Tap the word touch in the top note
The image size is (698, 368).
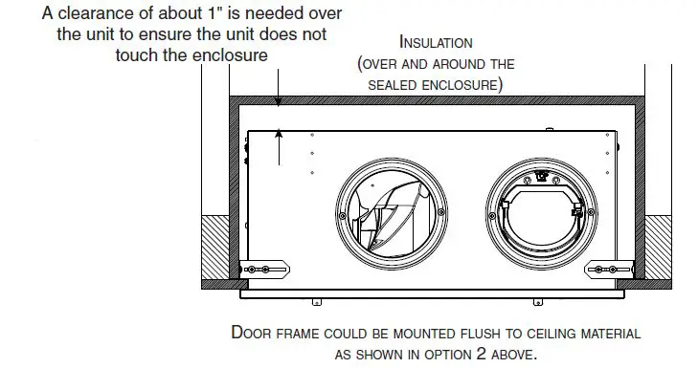click(138, 54)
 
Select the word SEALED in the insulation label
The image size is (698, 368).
click(393, 85)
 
